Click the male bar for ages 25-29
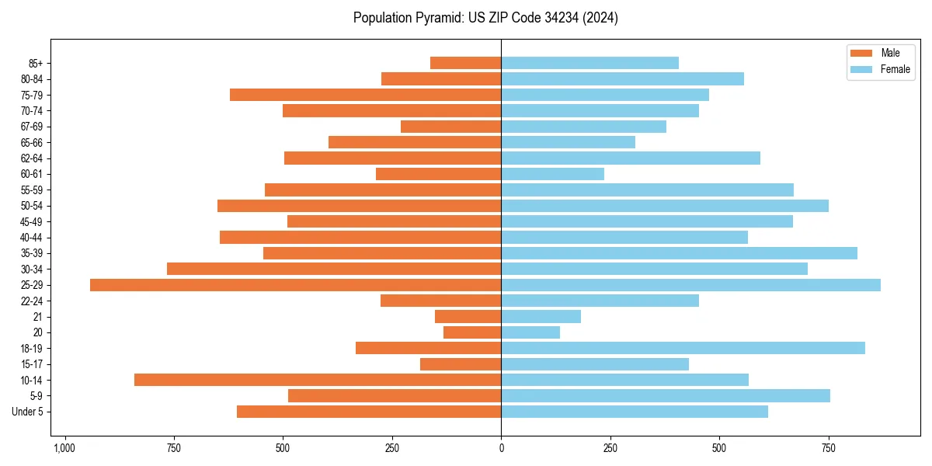pyautogui.click(x=295, y=285)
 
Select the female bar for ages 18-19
pyautogui.click(x=683, y=348)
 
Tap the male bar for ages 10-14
pyautogui.click(x=318, y=380)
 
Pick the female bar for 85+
pyautogui.click(x=589, y=63)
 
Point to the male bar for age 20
pyautogui.click(x=472, y=332)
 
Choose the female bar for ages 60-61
pyautogui.click(x=552, y=174)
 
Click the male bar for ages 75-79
pyautogui.click(x=365, y=95)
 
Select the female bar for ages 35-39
pyautogui.click(x=679, y=253)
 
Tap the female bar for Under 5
pyautogui.click(x=635, y=412)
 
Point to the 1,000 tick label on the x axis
pyautogui.click(x=64, y=448)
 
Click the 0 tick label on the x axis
pyautogui.click(x=501, y=448)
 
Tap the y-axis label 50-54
pyautogui.click(x=31, y=206)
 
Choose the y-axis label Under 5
pyautogui.click(x=27, y=412)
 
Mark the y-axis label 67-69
pyautogui.click(x=31, y=127)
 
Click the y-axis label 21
pyautogui.click(x=37, y=317)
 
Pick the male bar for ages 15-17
pyautogui.click(x=461, y=364)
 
